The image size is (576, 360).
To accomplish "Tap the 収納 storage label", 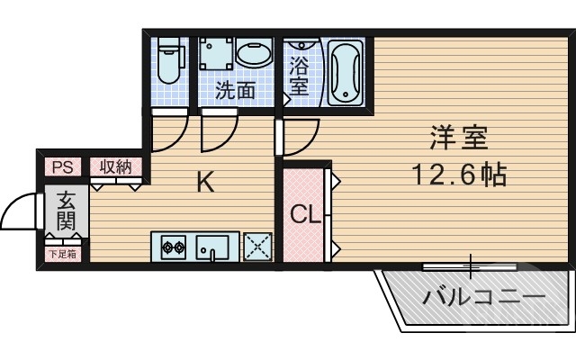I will [x=115, y=166].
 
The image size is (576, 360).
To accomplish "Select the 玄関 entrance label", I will [x=67, y=211].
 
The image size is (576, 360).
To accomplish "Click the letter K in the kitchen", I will [x=205, y=184].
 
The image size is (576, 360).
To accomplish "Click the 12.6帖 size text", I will [x=459, y=174].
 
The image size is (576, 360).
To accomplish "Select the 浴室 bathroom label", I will [x=299, y=76].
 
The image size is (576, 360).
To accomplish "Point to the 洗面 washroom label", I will [x=235, y=91].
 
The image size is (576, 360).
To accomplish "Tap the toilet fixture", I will [x=168, y=61].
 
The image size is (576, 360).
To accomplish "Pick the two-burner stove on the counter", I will [x=173, y=246].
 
